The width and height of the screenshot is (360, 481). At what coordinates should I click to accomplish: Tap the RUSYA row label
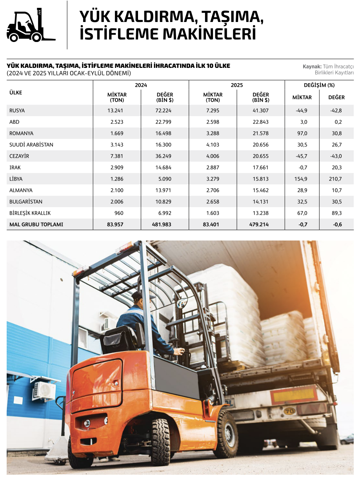17,111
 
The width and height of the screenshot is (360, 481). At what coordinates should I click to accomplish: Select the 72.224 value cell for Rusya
163,111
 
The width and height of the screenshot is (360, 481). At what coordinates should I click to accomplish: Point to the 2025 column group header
237,85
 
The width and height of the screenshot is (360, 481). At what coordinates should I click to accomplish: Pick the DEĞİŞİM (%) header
319,85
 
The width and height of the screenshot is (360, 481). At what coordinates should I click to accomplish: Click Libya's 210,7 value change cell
336,179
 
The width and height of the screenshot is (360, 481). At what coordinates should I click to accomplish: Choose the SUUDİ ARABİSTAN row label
31,145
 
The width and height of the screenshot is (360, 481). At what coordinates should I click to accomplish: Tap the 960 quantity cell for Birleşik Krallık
119,213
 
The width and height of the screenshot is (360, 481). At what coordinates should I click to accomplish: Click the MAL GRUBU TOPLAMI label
36,225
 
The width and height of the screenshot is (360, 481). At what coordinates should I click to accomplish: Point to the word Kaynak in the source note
312,67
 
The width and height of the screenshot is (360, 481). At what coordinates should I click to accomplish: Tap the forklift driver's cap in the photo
137,295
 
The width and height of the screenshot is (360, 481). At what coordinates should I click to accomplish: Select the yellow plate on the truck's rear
294,395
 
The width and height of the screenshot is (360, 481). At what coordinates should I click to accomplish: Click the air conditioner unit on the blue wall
44,390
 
